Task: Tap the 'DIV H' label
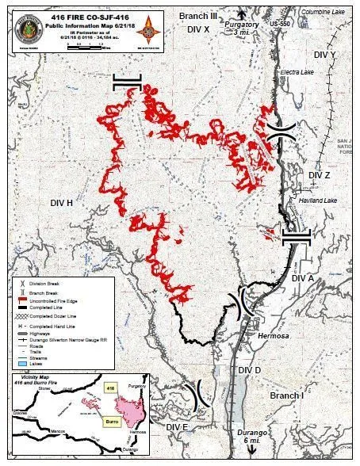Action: [59, 204]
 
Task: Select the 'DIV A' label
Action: [303, 278]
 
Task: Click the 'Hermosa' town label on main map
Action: [268, 335]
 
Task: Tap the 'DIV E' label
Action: [178, 427]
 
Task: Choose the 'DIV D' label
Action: [249, 371]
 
